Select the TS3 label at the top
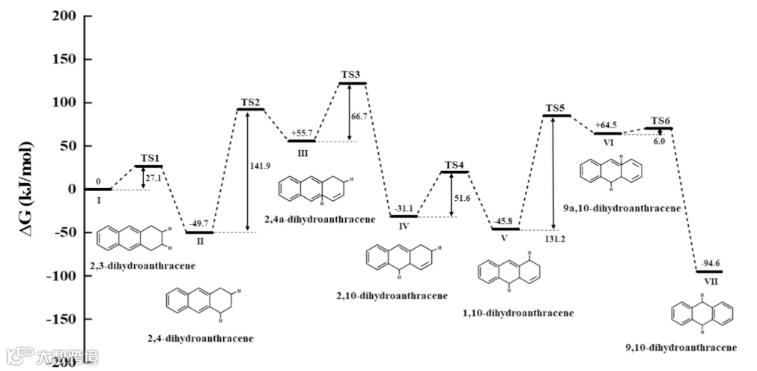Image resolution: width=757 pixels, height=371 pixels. click(x=351, y=75)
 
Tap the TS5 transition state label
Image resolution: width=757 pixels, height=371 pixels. click(x=555, y=108)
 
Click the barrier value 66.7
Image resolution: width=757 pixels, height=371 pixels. click(x=360, y=116)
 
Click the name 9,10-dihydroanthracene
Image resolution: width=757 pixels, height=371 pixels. click(x=681, y=347)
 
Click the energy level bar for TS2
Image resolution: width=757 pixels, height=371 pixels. click(x=250, y=109)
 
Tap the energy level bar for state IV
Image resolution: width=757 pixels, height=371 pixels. click(x=404, y=216)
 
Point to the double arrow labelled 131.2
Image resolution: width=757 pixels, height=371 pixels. click(x=553, y=172)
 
